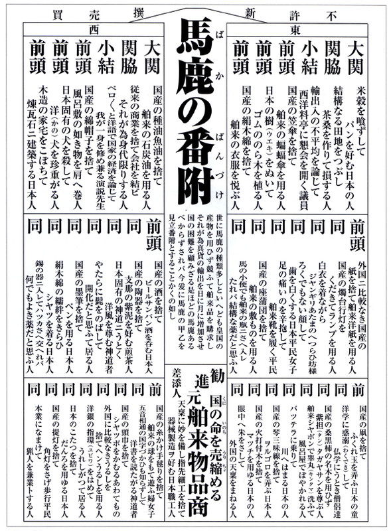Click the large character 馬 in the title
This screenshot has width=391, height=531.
[x=196, y=52]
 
